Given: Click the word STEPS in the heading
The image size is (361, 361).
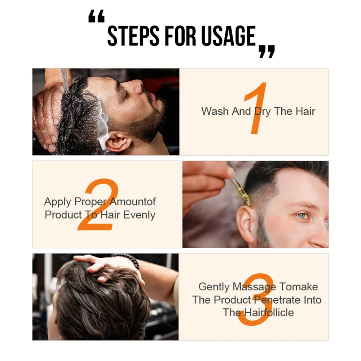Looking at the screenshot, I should [133, 36].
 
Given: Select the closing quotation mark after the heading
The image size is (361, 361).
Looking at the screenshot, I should [267, 51].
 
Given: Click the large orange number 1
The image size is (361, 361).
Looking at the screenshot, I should [256, 108].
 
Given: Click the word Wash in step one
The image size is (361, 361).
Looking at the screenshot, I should [215, 111].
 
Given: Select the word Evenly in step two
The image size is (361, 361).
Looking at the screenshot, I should [139, 215].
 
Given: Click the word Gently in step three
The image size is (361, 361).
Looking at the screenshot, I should [214, 287].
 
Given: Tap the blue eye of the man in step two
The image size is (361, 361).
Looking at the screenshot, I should [302, 215].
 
